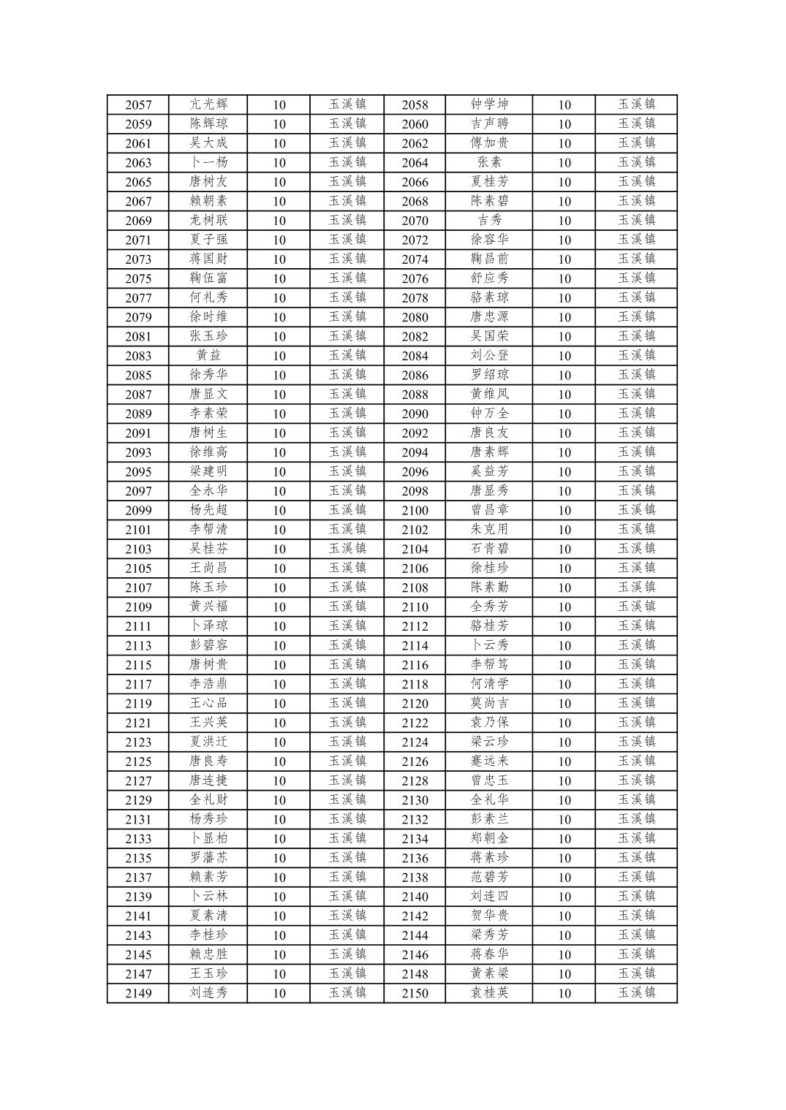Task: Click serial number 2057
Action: (x=138, y=104)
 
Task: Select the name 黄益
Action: (x=208, y=355)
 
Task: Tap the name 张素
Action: (x=489, y=162)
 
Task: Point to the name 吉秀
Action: (x=489, y=220)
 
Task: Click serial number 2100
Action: (x=415, y=510)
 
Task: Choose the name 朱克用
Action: (x=489, y=529)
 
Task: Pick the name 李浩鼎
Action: (x=208, y=684)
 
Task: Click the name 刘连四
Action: (x=489, y=896)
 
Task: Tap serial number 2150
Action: (x=415, y=993)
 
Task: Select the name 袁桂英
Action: (x=489, y=992)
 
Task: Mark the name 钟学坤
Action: (x=489, y=104)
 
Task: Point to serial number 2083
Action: (x=138, y=356)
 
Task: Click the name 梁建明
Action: (x=208, y=471)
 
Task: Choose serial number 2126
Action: (x=415, y=761)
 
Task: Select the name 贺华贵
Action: (x=489, y=916)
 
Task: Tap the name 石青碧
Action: (x=489, y=549)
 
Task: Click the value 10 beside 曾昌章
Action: (x=564, y=510)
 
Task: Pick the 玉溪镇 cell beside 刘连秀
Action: (x=347, y=992)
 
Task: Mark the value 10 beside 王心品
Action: (x=279, y=703)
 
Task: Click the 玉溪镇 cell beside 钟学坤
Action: (x=636, y=104)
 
